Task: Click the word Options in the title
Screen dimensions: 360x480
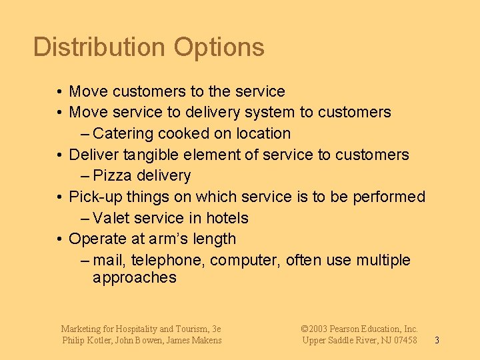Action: (x=219, y=47)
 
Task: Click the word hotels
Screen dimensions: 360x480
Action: (x=227, y=218)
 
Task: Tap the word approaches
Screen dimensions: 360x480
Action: (x=135, y=278)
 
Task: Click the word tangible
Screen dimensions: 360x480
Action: (x=145, y=155)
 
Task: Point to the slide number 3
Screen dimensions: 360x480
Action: (x=437, y=341)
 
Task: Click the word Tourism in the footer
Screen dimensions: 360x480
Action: (x=191, y=329)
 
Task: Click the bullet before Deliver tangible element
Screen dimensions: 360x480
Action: (x=60, y=155)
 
